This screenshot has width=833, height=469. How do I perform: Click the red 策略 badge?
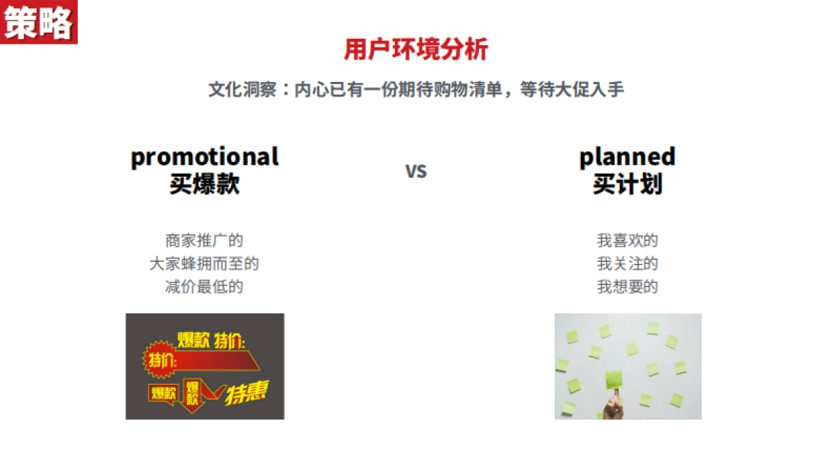pos(39,22)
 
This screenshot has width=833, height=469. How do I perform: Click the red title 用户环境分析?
pos(416,49)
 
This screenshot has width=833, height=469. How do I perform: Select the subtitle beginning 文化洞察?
pos(416,90)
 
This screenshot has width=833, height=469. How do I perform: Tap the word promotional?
pos(205,158)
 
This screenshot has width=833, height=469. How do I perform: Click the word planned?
pos(628,158)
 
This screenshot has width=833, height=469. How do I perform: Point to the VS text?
pos(416,171)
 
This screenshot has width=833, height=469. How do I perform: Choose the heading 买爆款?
pos(205,184)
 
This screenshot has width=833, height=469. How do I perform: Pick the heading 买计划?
pos(628,184)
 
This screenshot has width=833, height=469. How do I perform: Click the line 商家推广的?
pos(204,240)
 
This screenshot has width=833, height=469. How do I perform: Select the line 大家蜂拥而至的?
pos(204,263)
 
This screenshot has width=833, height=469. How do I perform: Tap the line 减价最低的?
pos(204,286)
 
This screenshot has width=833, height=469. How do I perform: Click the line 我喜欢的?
pos(628,240)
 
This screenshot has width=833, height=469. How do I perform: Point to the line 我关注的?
pos(628,263)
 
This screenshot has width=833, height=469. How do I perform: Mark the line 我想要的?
pos(628,286)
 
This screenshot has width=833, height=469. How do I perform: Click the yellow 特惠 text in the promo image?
pos(246,393)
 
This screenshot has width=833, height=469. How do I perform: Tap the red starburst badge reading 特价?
pos(160,360)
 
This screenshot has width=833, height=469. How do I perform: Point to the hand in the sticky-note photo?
pos(614,405)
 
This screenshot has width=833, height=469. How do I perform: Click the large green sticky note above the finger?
pos(614,379)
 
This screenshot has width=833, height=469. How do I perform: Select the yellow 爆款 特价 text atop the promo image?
pos(211,340)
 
